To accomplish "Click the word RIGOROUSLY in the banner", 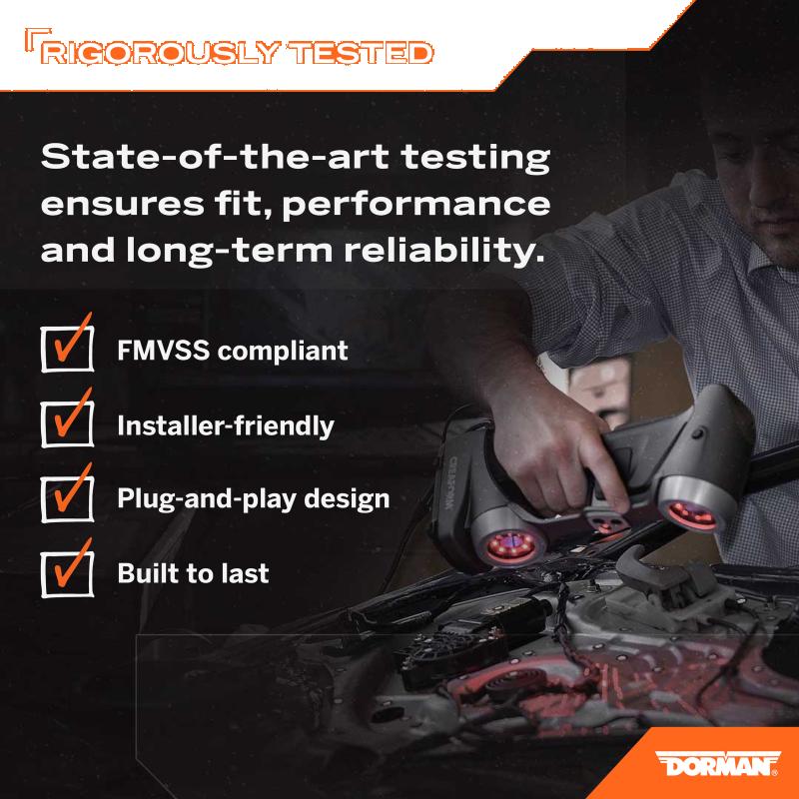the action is coord(161,53).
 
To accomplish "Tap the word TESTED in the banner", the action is coord(361,53).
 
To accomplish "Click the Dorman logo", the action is coord(717,763).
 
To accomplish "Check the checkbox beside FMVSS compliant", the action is coord(67,349).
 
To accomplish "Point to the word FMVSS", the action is coord(163,351).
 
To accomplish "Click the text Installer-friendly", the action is coord(226,426).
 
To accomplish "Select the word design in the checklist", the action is coord(347,499).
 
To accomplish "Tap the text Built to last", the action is coord(193,573).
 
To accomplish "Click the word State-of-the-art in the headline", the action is coord(215,157).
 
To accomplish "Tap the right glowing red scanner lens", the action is coord(692,515).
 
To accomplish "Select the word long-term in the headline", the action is coord(229,252).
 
